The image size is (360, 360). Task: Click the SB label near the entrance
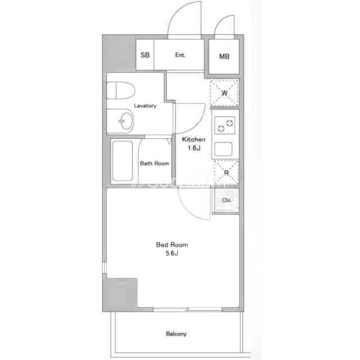point(145,55)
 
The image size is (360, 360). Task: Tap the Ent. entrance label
point(180,55)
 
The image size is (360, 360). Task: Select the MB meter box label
point(224,56)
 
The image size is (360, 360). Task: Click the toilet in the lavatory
point(121,90)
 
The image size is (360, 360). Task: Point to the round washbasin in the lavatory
point(127,121)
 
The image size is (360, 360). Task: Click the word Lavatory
point(145,106)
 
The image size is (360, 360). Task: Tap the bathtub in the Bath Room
point(123,161)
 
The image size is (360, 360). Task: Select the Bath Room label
point(155,163)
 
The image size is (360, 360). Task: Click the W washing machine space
point(224,93)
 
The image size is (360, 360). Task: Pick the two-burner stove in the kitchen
point(225,125)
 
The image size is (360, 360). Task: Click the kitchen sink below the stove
point(223,149)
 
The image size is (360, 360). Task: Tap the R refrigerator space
point(226,173)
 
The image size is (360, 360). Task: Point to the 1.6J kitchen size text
point(194,148)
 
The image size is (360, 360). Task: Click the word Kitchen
point(193,139)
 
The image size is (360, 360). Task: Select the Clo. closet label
point(226,200)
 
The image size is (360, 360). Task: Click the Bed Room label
point(172,245)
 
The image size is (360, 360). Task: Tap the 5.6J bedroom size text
point(172,253)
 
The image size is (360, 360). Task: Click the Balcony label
point(176,334)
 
